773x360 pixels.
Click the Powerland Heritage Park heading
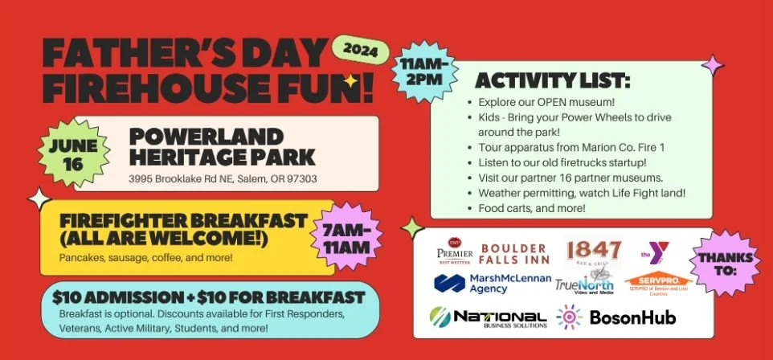[223, 146]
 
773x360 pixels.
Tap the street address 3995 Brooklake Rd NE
[223, 178]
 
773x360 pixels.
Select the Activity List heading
[553, 82]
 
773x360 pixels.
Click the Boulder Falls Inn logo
[515, 253]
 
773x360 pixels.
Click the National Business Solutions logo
[489, 317]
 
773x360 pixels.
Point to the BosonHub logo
[620, 317]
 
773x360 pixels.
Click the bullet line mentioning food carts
[532, 208]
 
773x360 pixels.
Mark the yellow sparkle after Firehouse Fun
[350, 80]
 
